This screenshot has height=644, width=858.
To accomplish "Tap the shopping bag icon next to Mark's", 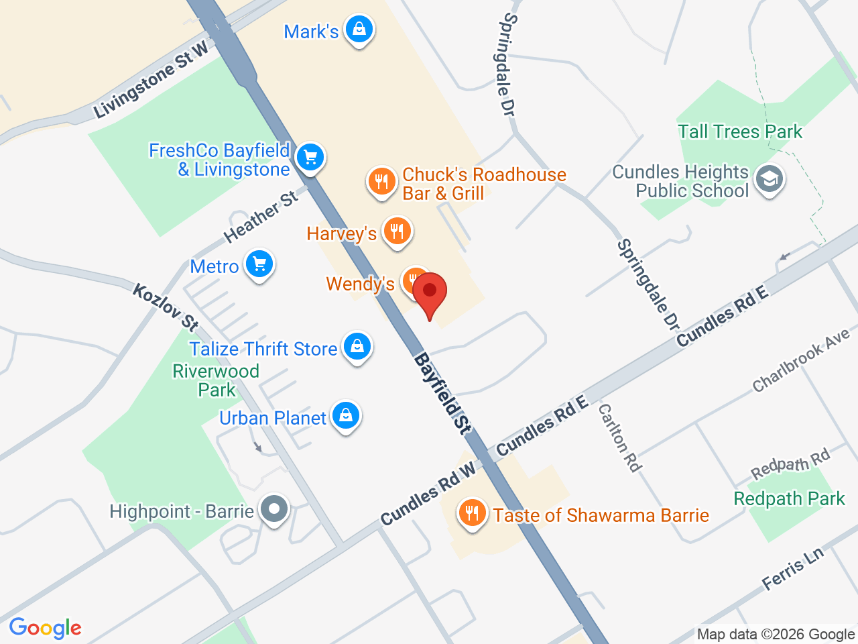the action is tap(359, 30).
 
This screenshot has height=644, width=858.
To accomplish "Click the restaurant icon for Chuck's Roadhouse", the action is tap(381, 181).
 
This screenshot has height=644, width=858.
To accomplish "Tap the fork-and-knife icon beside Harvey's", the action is tap(397, 231).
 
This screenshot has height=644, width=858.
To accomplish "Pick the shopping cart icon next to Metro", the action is tap(259, 264).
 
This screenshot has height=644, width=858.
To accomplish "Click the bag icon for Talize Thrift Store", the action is tap(357, 347).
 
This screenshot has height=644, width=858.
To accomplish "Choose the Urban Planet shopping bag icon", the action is tap(346, 416).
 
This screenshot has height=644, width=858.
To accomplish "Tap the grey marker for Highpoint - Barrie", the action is tap(273, 509).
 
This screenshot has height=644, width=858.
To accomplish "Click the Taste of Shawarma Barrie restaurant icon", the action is tap(472, 513).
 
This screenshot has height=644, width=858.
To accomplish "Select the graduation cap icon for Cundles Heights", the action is tap(769, 179).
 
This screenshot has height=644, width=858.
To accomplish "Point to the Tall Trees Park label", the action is tap(739, 131).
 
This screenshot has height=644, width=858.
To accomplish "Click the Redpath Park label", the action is tap(789, 499).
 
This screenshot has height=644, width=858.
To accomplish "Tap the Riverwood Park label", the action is tap(216, 380).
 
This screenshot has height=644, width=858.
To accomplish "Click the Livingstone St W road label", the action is tap(151, 79).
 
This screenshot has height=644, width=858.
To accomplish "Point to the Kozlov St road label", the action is tap(166, 307).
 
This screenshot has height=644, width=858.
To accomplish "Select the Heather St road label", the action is tap(261, 217).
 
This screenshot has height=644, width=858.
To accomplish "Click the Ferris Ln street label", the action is tap(793, 569).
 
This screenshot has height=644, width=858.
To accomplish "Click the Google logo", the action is tap(45, 628).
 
